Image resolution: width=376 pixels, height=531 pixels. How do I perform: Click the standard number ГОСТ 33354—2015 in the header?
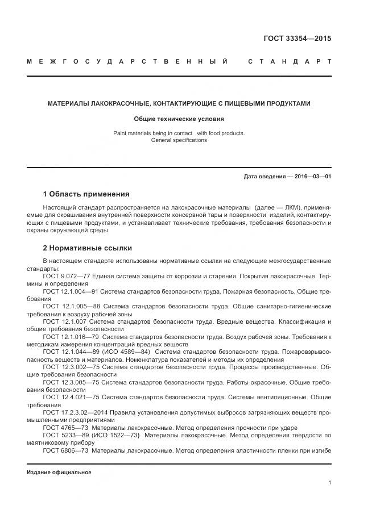298,39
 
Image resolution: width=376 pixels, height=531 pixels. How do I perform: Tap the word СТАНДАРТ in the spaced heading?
290,61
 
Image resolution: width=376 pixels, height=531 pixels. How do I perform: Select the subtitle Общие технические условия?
179,119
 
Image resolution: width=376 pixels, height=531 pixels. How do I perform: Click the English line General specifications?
179,140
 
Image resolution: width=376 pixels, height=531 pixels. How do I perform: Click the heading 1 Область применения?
86,194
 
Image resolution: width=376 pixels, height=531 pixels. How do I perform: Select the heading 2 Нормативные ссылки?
88,248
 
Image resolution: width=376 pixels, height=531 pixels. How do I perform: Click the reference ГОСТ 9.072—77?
67,275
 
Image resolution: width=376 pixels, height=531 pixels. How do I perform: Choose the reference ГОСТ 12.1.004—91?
70,291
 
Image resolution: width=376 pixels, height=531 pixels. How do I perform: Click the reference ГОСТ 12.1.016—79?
71,337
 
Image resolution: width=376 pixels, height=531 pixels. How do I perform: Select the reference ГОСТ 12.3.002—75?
70,367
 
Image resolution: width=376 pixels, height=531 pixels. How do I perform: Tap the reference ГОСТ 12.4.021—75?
70,398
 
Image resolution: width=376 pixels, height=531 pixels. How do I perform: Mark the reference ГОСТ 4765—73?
64,428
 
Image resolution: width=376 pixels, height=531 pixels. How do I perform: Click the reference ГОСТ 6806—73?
64,450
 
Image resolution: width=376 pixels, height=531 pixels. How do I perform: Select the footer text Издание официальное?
59,473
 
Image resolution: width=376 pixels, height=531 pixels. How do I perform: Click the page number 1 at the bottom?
329,483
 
